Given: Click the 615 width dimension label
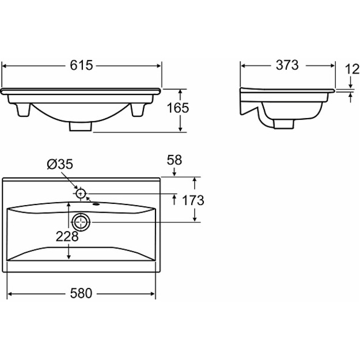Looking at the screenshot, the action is point(81,65).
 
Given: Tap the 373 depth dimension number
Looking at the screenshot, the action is point(287,65).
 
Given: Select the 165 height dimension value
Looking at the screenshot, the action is point(178,108).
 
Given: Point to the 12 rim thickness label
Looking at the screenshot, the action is point(353,69).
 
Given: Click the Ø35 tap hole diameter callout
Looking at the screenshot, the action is point(60,164).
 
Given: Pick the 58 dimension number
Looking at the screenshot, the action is point(175,160).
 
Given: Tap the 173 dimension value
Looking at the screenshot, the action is point(193,200).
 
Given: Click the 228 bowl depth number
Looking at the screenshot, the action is point(67,236).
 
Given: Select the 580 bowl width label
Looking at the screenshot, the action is point(81,293).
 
